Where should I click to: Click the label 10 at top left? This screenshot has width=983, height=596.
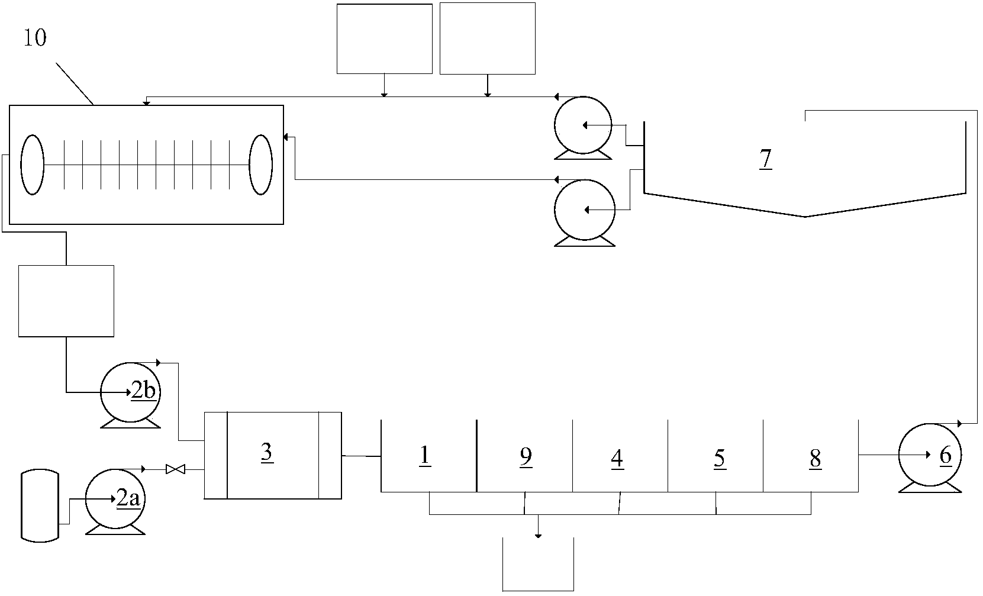click(35, 38)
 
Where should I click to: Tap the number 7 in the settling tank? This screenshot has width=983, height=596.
click(766, 159)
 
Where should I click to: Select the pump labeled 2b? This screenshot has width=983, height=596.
click(131, 391)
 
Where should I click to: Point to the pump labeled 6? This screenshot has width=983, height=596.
click(930, 455)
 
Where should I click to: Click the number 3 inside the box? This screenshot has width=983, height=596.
click(266, 452)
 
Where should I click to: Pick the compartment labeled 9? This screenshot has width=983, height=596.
click(524, 456)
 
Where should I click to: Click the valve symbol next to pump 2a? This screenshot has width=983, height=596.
click(175, 469)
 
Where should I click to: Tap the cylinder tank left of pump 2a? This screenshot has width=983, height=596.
click(40, 505)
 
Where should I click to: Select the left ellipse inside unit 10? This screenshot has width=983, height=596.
click(33, 165)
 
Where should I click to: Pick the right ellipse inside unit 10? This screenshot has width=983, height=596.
click(260, 165)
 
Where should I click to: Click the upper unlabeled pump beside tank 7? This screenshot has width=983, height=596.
click(582, 125)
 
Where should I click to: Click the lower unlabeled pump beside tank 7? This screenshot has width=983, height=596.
click(584, 210)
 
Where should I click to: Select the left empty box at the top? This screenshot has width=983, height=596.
click(384, 38)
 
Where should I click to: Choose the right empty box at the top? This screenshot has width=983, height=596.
click(488, 38)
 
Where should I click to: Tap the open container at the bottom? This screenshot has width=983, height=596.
click(538, 565)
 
